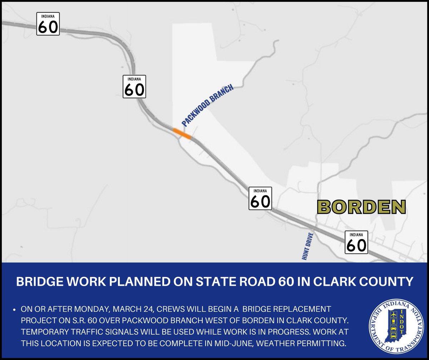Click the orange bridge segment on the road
point(182,133)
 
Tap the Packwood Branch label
point(208,105)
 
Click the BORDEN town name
point(361,207)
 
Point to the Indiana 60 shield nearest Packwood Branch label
point(134,87)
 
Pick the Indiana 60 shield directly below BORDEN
point(356,242)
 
